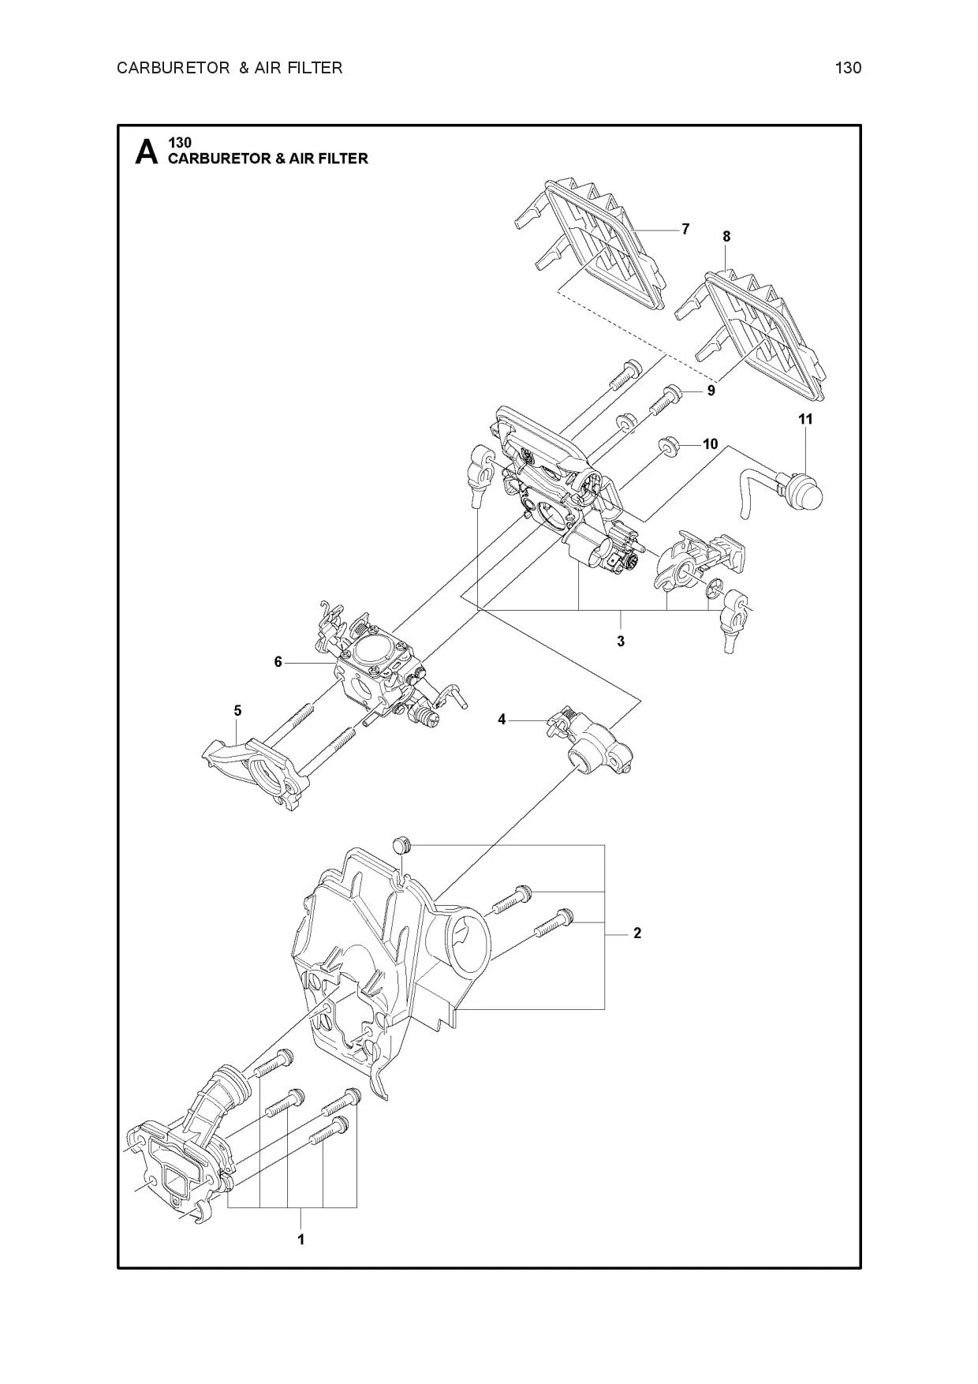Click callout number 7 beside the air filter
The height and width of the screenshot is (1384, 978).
point(685,229)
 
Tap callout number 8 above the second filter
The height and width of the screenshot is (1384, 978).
point(726,236)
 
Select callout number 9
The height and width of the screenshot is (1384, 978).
point(711,391)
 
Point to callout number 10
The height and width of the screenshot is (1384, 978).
point(710,444)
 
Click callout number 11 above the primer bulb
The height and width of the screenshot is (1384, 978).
point(805,419)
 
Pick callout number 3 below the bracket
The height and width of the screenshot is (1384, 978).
point(621,641)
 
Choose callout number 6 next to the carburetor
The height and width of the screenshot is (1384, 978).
point(278,662)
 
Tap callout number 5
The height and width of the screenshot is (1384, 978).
point(237,710)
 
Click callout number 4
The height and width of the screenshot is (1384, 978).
point(502,719)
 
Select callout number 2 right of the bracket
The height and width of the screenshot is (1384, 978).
point(637,933)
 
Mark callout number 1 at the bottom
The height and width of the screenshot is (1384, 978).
point(300,1240)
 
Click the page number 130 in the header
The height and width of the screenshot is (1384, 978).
point(848,68)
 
